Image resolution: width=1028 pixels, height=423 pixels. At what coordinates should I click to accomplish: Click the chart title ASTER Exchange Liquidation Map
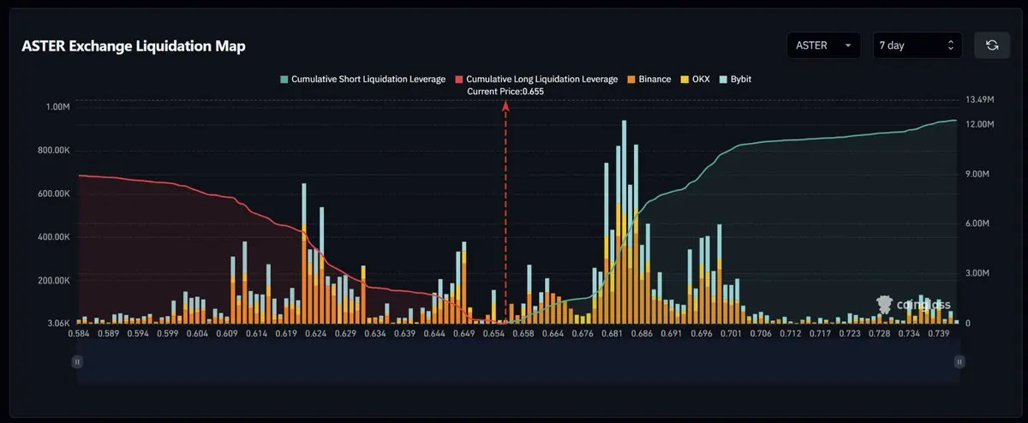point(134,46)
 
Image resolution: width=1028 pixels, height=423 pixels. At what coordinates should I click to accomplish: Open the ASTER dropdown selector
point(824,45)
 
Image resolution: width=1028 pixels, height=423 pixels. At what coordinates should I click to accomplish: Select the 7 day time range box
point(917,45)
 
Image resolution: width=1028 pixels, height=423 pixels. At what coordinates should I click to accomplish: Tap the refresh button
point(992,45)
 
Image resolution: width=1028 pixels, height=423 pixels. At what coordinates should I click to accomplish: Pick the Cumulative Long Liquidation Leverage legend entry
point(536,79)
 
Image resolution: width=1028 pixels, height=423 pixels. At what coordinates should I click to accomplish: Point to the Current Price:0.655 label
point(505,91)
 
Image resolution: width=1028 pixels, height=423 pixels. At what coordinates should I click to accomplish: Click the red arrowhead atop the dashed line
point(505,105)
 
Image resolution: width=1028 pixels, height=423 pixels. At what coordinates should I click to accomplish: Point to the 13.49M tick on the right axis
point(979,100)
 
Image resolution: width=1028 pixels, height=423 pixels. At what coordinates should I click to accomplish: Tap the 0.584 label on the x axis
point(79,333)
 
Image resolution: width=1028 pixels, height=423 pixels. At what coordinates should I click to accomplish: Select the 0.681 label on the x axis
point(611,333)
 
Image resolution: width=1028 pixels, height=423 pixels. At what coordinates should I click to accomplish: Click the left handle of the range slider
point(77,362)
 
